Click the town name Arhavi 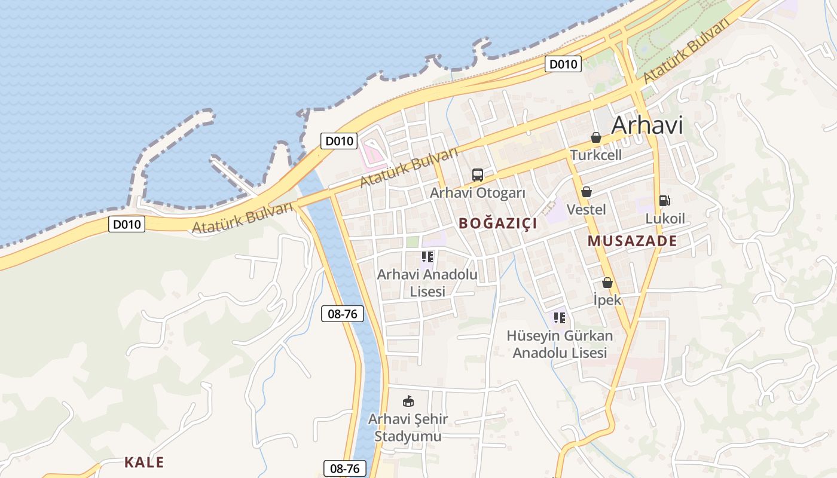click(647, 125)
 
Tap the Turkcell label click(595, 155)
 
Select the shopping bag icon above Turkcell click(596, 138)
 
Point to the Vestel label click(586, 210)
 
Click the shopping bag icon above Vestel click(586, 192)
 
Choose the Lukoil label click(665, 219)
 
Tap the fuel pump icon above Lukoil click(664, 201)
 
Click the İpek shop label click(607, 300)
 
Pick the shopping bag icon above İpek click(607, 283)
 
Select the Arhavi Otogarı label click(477, 193)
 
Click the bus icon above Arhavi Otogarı click(477, 175)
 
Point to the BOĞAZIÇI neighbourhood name click(497, 223)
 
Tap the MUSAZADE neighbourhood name click(633, 241)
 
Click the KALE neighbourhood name click(143, 462)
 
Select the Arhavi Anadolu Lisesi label click(427, 283)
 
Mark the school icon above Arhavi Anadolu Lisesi click(427, 257)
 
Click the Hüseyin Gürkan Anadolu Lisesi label click(560, 344)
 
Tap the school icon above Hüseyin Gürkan click(560, 317)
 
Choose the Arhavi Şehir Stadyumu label click(408, 428)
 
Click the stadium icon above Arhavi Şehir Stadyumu click(408, 401)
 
